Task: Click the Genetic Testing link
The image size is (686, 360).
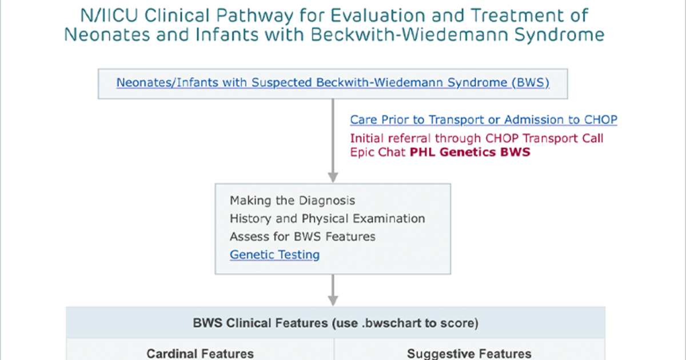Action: (275, 255)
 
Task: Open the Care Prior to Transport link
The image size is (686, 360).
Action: (484, 119)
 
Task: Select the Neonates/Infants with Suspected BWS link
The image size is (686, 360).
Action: (333, 83)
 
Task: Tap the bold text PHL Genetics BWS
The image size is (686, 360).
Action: (470, 152)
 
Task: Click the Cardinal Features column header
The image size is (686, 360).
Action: (200, 354)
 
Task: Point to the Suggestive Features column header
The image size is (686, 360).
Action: (469, 354)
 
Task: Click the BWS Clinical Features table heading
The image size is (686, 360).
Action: (336, 323)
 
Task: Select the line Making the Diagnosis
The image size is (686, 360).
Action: (293, 201)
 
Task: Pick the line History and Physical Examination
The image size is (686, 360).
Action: (328, 218)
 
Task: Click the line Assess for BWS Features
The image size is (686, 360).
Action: (302, 237)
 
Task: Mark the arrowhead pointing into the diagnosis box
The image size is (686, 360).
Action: (333, 178)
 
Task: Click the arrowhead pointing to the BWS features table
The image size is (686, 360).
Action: (333, 301)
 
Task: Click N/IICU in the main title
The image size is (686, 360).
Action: (109, 15)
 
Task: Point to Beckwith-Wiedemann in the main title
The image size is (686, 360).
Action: (409, 34)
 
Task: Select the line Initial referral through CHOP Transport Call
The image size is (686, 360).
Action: (477, 138)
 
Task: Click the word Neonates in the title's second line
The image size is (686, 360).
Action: (107, 35)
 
